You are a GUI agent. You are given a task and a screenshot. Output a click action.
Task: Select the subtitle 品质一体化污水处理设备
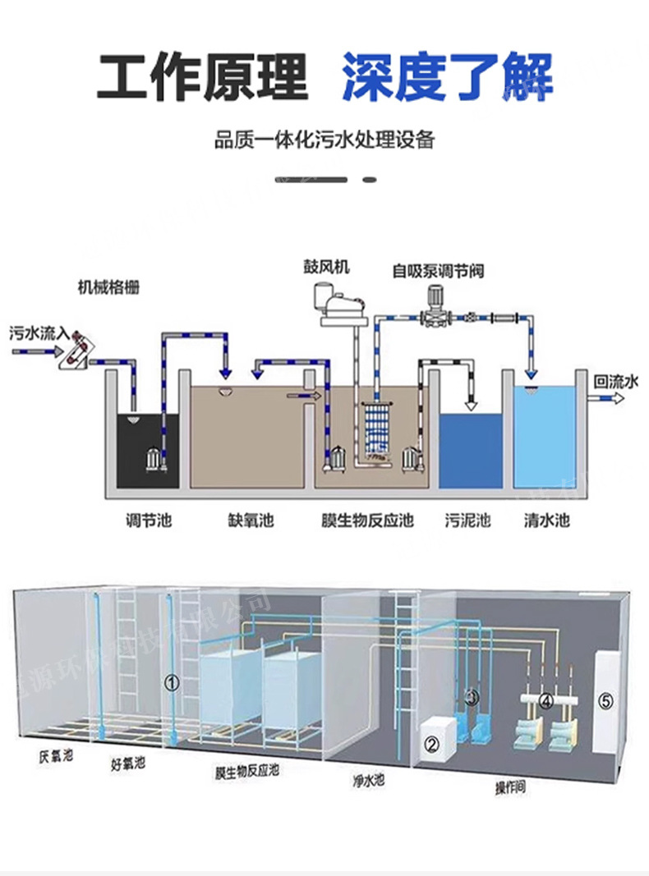324,140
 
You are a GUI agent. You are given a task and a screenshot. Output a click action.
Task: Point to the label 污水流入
38,333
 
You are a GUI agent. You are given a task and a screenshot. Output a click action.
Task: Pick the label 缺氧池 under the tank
250,521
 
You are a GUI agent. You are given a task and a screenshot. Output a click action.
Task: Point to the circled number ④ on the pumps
545,701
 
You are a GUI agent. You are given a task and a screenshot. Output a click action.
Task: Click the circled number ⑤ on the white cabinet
605,700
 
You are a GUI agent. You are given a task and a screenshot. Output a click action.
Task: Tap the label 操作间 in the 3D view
509,787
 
